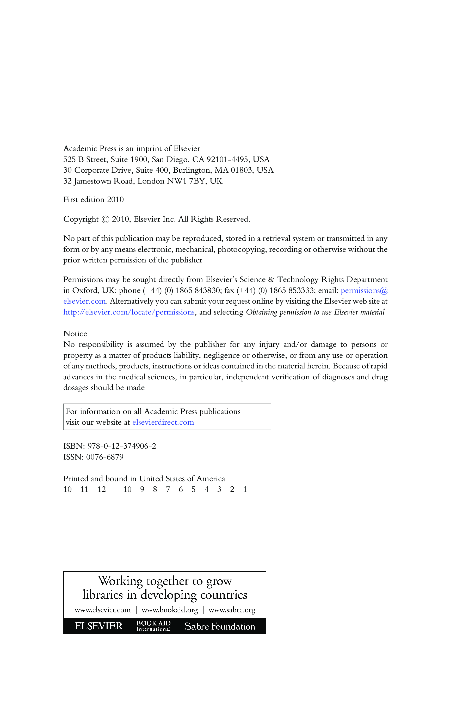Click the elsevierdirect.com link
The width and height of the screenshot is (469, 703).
pyautogui.click(x=163, y=422)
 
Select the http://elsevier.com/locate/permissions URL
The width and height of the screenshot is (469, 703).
pyautogui.click(x=129, y=312)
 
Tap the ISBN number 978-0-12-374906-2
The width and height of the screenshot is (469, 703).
pyautogui.click(x=122, y=446)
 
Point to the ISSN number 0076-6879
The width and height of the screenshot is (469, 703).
pyautogui.click(x=105, y=457)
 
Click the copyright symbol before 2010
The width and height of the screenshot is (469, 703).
pyautogui.click(x=105, y=219)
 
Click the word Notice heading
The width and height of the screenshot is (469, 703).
pyautogui.click(x=75, y=334)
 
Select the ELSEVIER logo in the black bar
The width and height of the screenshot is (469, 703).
pyautogui.click(x=98, y=626)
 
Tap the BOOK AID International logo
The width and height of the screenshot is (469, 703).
pyautogui.click(x=153, y=626)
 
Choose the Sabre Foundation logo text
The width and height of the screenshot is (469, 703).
pyautogui.click(x=220, y=626)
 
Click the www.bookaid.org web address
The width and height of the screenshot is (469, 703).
pyautogui.click(x=170, y=610)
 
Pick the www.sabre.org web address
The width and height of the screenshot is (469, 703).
pyautogui.click(x=232, y=610)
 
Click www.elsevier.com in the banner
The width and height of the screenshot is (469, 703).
pyautogui.click(x=103, y=610)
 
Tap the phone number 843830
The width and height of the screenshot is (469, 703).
pyautogui.click(x=207, y=291)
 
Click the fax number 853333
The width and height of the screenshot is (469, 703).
pyautogui.click(x=301, y=291)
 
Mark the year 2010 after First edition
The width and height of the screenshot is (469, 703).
pyautogui.click(x=115, y=200)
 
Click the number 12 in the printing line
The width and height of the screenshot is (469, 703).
pyautogui.click(x=102, y=489)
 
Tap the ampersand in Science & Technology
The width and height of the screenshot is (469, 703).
pyautogui.click(x=271, y=280)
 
